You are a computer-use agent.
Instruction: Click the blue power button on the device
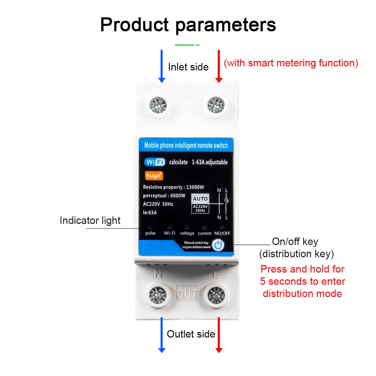pos(218,246)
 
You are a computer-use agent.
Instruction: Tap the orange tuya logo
pos(154,176)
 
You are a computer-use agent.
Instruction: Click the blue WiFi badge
pos(155,162)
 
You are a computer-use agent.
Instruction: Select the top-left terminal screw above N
pos(159,105)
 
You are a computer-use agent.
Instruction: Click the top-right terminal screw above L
pos(216,105)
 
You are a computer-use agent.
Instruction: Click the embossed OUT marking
pos(187,294)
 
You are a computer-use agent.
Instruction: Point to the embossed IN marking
pos(187,106)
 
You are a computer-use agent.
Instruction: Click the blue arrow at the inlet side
pos(162,66)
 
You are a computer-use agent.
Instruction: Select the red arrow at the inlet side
pos(219,66)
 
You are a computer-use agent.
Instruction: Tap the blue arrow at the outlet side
pos(162,335)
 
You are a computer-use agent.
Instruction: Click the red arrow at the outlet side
pos(219,335)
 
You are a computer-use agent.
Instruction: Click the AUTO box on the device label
pos(200,199)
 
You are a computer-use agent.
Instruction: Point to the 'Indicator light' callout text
pos(90,221)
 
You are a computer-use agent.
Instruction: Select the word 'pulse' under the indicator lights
pos(150,233)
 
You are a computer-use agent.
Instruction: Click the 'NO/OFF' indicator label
pos(222,233)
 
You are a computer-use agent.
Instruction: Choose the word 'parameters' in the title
pos(226,25)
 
